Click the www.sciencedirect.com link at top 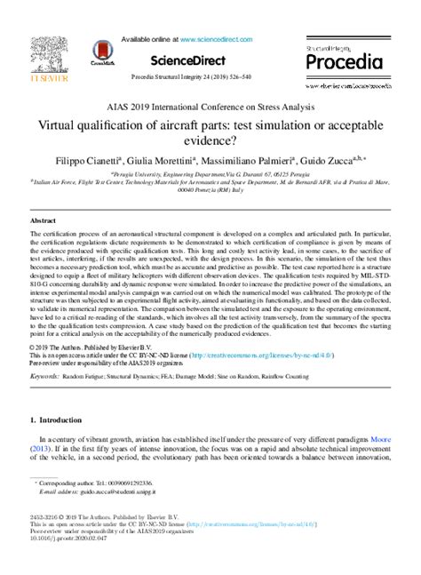(x=218, y=40)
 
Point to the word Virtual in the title (x=62, y=124)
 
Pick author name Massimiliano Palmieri (x=259, y=163)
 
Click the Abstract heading (x=43, y=218)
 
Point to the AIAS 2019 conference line (x=210, y=106)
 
